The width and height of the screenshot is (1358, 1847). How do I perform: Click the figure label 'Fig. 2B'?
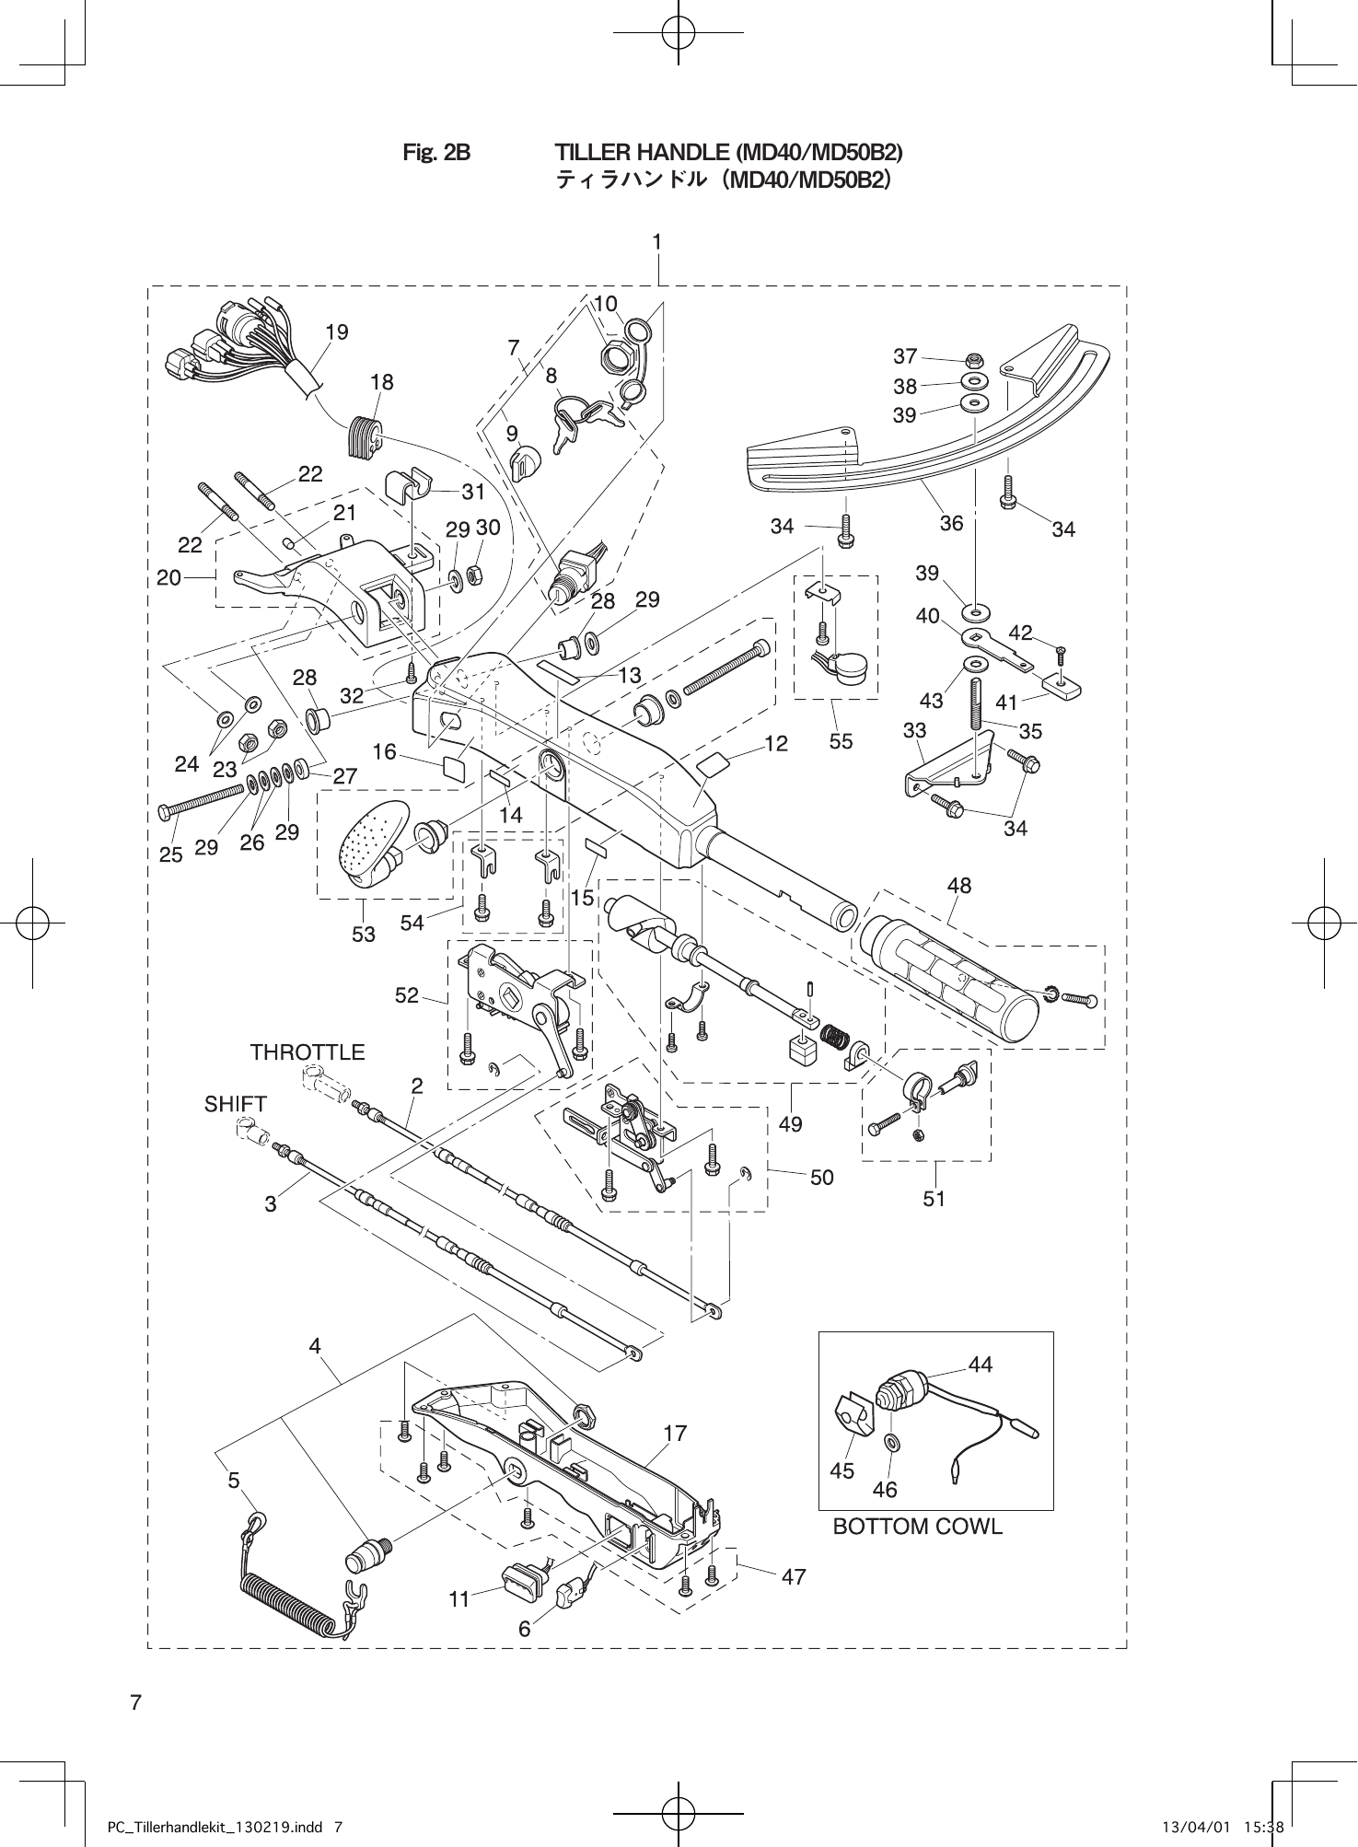tap(436, 152)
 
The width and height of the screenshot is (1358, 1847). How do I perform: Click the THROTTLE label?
tap(308, 1052)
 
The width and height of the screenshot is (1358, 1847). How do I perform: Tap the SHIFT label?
tap(236, 1104)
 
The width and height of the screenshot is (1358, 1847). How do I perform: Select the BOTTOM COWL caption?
tap(917, 1527)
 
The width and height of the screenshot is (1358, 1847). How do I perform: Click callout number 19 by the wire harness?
tap(337, 332)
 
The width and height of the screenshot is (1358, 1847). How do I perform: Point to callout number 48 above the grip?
tap(958, 886)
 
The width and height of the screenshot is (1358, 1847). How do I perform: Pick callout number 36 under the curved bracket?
tap(951, 523)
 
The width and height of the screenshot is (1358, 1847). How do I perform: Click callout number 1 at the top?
tap(657, 241)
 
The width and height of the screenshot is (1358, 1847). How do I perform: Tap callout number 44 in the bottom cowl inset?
tap(981, 1365)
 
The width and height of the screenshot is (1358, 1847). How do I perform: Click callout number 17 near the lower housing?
tap(675, 1434)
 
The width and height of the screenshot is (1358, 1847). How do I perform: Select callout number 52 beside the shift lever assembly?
tap(406, 995)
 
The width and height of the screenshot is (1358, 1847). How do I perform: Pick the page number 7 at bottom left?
tap(135, 1702)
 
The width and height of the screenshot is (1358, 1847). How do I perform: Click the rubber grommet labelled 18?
tap(365, 436)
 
